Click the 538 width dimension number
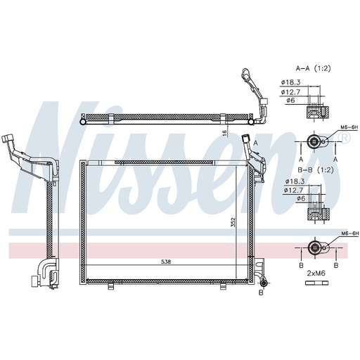(x=166, y=262)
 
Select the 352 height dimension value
(x=233, y=224)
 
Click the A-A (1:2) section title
(x=314, y=68)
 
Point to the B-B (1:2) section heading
(x=314, y=169)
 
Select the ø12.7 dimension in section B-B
(x=292, y=191)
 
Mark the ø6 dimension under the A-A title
(x=290, y=100)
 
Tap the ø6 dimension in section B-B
(x=290, y=199)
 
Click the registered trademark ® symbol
(x=344, y=139)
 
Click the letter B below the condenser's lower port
(x=260, y=292)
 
